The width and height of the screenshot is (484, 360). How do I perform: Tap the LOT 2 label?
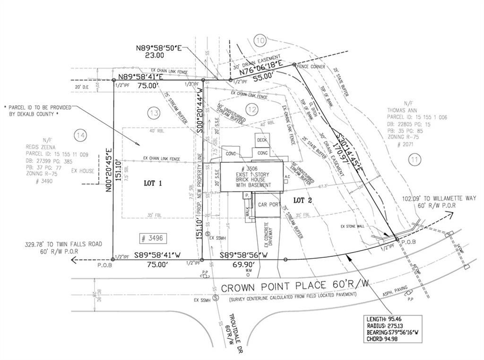coord(302,200)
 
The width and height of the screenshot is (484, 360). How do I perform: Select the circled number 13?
coord(153,113)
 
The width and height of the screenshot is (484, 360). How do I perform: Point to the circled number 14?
coord(80,136)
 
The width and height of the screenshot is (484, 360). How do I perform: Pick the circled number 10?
coord(259,40)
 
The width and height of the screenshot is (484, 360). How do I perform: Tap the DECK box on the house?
coord(262,140)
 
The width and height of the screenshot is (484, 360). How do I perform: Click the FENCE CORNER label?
coord(311,67)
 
